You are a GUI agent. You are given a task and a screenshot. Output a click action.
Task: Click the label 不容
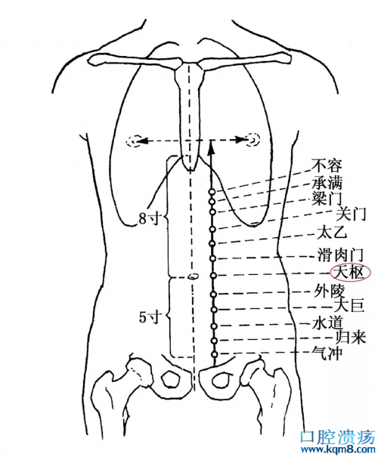point(326,165)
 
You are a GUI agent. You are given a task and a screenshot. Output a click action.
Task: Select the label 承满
point(327,183)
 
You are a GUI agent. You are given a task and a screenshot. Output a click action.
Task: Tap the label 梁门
point(327,199)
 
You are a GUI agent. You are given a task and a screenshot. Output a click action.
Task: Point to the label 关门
point(351,215)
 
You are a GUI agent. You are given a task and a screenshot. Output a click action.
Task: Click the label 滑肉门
point(340,255)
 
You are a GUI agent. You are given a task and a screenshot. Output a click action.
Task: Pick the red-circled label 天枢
point(350,273)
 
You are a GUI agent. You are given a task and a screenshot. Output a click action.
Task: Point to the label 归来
point(351,338)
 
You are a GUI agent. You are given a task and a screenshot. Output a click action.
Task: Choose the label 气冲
point(327,354)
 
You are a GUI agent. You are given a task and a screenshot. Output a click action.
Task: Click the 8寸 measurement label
point(150,218)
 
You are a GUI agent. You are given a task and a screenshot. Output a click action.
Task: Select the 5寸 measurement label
point(150,317)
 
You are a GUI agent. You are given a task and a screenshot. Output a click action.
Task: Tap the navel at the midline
point(193,276)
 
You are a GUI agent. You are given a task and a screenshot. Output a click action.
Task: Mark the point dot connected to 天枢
point(213,276)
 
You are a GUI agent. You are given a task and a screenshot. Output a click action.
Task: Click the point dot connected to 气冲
point(215,354)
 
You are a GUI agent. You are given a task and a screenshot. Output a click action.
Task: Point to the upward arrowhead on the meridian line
point(212,147)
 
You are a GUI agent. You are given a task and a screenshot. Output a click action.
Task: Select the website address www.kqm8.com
point(338,450)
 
